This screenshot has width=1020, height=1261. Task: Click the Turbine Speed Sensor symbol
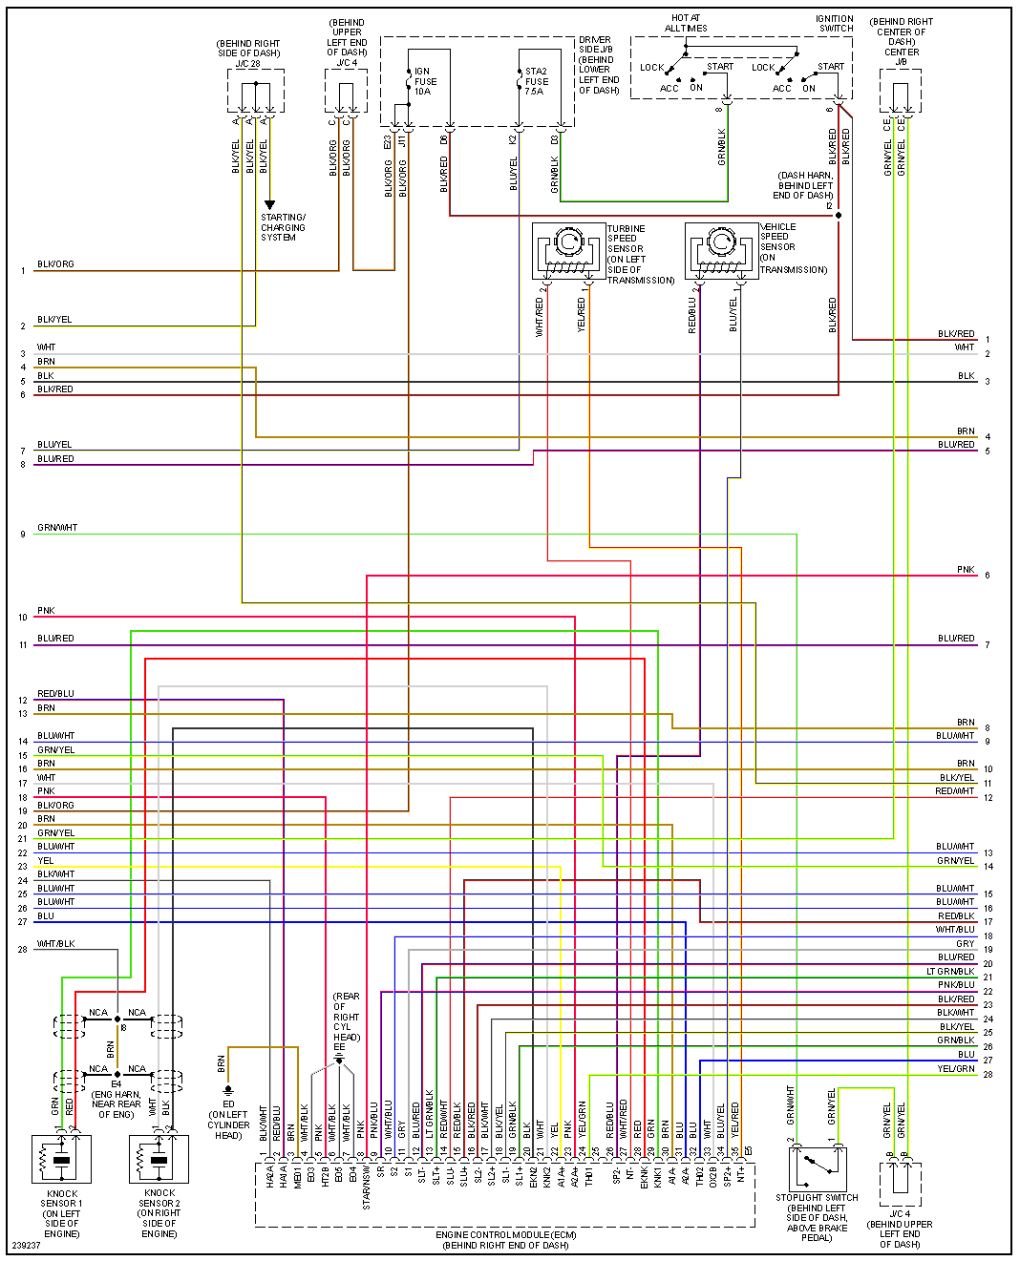(569, 251)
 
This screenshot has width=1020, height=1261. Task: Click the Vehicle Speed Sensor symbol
(721, 251)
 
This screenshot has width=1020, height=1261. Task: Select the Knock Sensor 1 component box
(62, 1159)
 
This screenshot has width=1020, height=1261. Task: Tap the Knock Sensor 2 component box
(159, 1159)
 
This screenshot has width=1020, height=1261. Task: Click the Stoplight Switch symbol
(818, 1167)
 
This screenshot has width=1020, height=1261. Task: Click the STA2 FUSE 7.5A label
(537, 81)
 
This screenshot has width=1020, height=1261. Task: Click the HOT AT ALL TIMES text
(686, 23)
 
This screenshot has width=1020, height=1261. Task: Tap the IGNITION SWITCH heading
(835, 23)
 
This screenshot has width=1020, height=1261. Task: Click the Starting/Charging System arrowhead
(270, 205)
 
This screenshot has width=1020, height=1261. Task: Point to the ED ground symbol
(228, 1090)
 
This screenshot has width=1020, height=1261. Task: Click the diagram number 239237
(26, 1245)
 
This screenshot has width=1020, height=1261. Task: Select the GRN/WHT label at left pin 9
(57, 528)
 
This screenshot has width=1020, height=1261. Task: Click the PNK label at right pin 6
(966, 570)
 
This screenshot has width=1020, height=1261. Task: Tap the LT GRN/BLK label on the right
(950, 972)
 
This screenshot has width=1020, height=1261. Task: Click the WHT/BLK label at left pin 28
(55, 944)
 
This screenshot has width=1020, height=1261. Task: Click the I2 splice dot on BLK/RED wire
(839, 216)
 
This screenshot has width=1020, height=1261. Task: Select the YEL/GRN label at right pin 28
(956, 1069)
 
